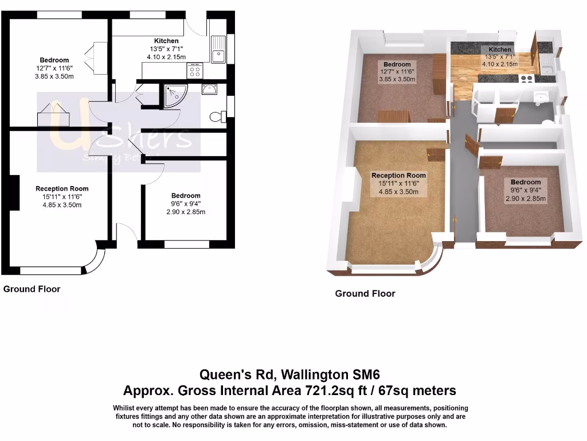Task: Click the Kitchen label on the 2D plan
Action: click(166, 41)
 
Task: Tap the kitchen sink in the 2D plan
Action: click(218, 48)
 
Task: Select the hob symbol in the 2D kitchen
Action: click(195, 71)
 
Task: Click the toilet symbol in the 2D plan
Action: click(217, 117)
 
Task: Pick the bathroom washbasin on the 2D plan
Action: click(210, 88)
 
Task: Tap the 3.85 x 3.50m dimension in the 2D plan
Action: click(54, 76)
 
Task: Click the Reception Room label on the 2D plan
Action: click(62, 188)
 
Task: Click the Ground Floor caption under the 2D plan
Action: click(32, 289)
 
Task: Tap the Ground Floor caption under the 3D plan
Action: click(365, 293)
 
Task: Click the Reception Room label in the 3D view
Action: click(398, 175)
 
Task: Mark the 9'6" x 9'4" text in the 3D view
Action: click(525, 191)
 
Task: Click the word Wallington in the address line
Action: click(320, 375)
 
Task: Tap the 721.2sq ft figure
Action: click(293, 391)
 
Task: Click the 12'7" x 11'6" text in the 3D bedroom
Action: click(397, 72)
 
